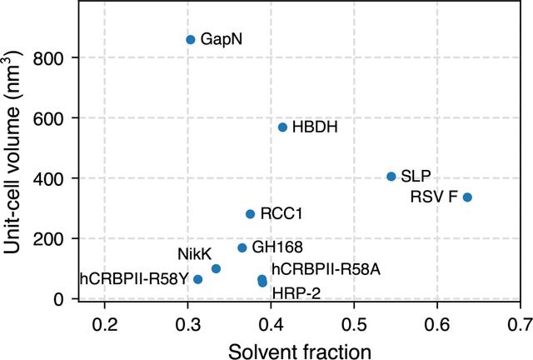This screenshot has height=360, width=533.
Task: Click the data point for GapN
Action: [x=191, y=40]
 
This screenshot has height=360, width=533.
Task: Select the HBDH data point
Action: [x=282, y=127]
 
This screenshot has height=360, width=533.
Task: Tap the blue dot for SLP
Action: [x=391, y=177]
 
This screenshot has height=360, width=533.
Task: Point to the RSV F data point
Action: [x=467, y=197]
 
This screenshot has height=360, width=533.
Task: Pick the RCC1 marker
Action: [x=250, y=214]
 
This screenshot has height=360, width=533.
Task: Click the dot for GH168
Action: [x=242, y=247]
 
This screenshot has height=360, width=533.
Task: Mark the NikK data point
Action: [x=216, y=269]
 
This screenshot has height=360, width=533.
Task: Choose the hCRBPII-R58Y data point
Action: [x=198, y=279]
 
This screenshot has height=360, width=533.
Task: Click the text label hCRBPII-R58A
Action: [x=326, y=270]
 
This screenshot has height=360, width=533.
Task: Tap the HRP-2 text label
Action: [x=296, y=293]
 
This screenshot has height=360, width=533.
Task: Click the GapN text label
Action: [x=222, y=39]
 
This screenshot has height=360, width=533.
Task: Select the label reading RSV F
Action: [x=434, y=197]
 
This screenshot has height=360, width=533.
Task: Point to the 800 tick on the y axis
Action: [x=48, y=58]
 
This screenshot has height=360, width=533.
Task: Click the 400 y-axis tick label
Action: [x=48, y=179]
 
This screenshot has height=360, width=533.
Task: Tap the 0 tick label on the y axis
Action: [x=59, y=300]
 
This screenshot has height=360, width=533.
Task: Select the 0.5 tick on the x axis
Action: [x=354, y=324]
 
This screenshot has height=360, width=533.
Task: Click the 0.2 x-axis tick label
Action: [x=105, y=324]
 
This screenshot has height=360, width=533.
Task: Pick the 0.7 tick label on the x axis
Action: [x=520, y=324]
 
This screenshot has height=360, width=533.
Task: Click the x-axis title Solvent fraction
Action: [x=300, y=352]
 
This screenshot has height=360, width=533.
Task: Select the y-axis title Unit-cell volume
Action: [x=12, y=152]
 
